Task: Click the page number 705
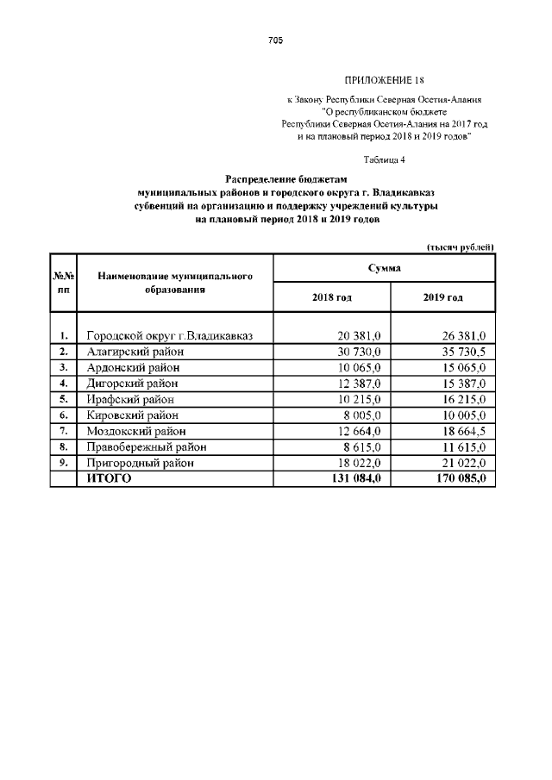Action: (275, 41)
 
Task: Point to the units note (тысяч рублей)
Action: (461, 247)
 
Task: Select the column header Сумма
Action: (384, 269)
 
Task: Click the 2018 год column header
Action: (331, 297)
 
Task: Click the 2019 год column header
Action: (442, 297)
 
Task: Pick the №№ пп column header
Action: (63, 283)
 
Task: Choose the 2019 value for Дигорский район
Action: (461, 383)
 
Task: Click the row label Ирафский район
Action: (130, 399)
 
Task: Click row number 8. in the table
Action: (63, 446)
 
